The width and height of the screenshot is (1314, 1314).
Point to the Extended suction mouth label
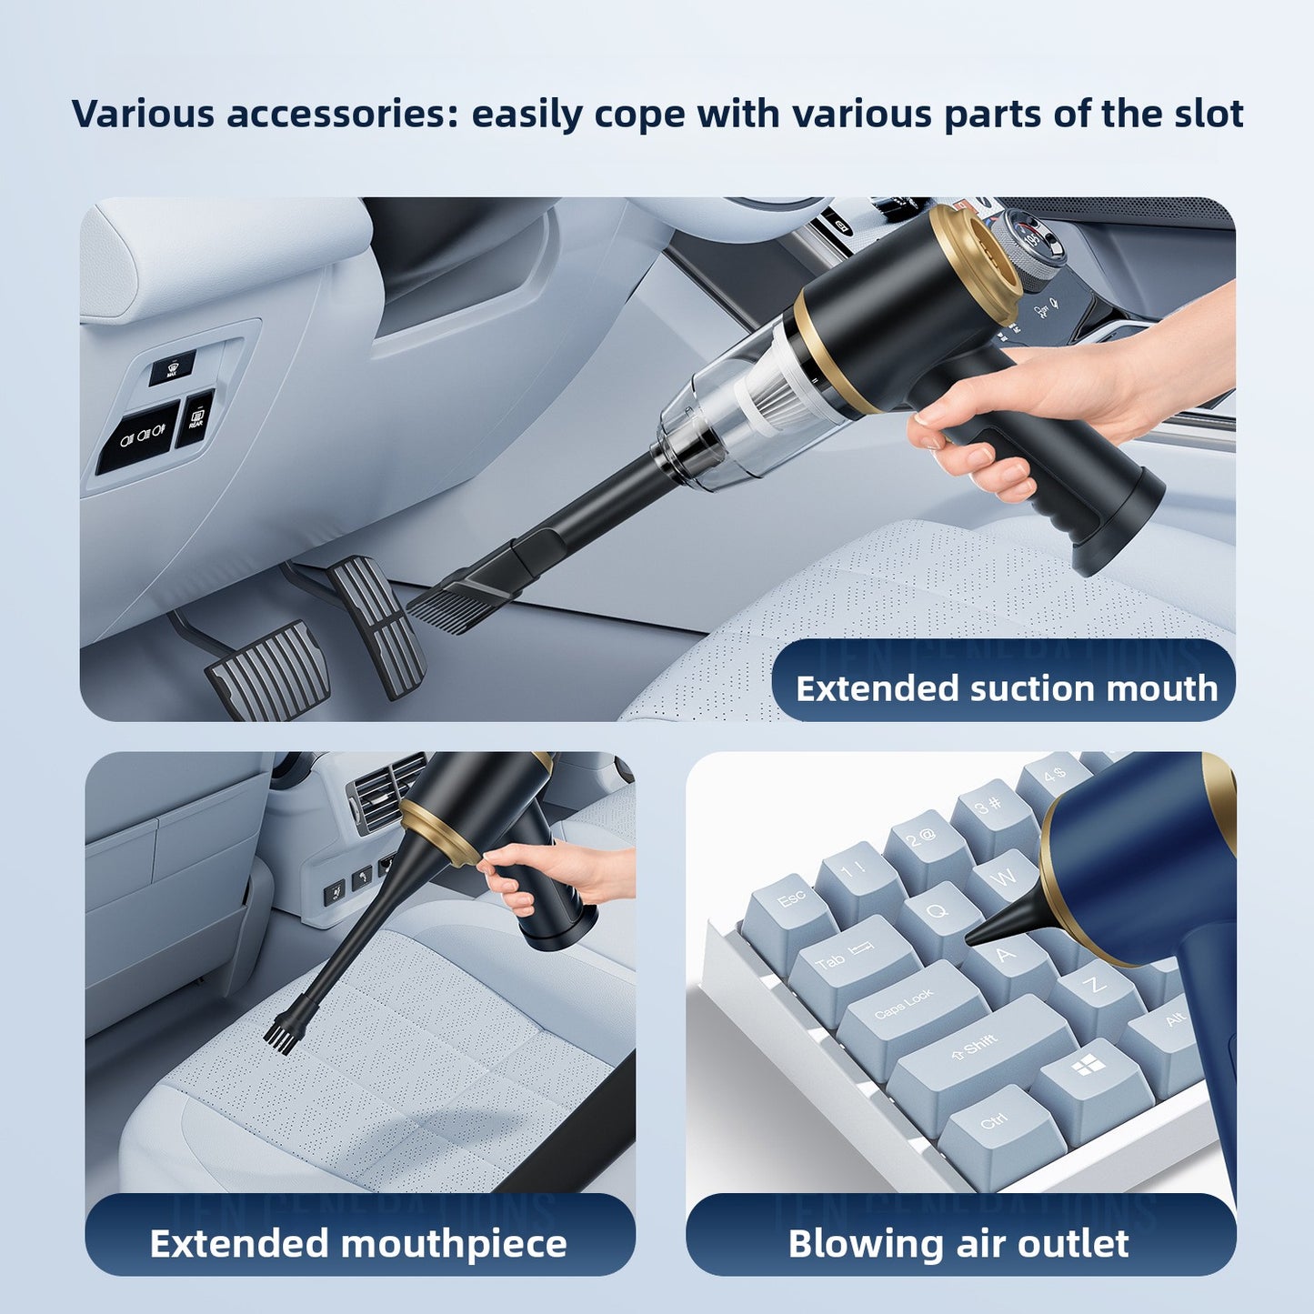1006,688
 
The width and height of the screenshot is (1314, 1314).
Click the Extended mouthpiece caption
358,1243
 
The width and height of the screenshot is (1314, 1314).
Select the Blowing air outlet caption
958,1243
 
